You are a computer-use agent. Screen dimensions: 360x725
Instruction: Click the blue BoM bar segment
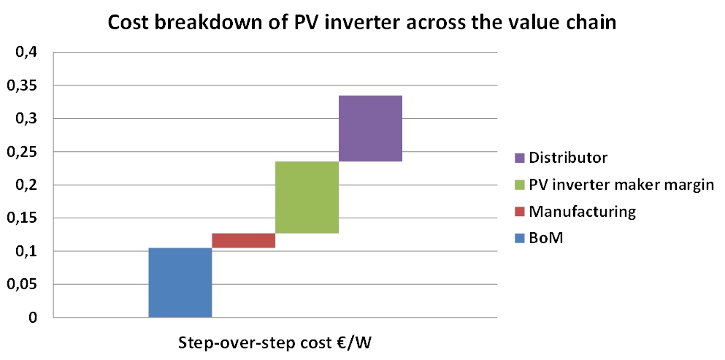180,283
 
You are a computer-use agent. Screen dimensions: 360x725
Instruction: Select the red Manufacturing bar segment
243,240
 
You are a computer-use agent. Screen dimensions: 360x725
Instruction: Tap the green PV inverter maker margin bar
307,197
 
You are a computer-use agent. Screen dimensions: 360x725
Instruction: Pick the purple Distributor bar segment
370,129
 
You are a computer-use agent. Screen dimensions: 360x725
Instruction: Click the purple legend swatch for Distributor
518,158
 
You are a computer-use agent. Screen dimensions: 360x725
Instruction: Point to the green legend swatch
518,185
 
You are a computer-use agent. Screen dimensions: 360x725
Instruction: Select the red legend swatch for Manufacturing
518,212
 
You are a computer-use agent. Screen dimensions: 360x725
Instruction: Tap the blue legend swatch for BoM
518,240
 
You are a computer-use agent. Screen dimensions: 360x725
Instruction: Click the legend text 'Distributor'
568,158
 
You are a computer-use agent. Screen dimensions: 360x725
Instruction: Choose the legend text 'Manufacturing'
583,212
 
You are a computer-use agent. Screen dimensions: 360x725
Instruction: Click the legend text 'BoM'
547,240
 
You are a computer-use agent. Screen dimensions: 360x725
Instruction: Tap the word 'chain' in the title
591,23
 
